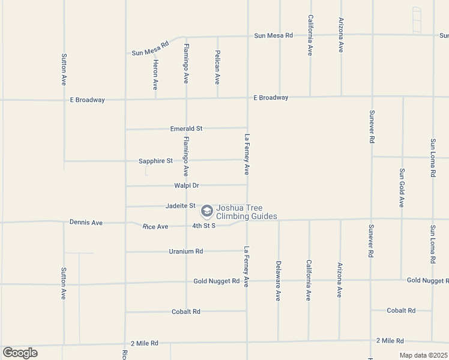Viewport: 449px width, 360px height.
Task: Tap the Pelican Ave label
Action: (217, 67)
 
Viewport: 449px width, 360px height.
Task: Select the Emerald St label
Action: (186, 128)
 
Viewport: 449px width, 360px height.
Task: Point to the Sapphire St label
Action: (155, 161)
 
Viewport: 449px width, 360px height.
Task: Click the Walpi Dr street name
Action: (186, 185)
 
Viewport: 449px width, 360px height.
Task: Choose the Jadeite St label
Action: (181, 206)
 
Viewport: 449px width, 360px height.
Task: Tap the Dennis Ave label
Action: (86, 223)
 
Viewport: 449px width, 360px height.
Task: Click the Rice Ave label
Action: (155, 226)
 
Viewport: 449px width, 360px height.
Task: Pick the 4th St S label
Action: (203, 226)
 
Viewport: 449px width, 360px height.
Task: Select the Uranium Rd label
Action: (186, 251)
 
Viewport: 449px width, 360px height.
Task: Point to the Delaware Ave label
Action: (278, 280)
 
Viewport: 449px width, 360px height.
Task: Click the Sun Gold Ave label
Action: (402, 188)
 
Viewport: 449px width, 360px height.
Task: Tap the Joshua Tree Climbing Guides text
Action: (247, 212)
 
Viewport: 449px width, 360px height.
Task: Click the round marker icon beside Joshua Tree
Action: (206, 211)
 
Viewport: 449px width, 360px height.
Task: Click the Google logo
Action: (20, 353)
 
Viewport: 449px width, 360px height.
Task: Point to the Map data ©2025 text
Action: (423, 355)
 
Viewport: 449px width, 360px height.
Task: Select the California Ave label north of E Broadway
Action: (310, 35)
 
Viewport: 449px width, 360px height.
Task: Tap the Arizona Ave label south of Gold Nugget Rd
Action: (339, 280)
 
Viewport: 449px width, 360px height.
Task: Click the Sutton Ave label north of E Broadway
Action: (64, 70)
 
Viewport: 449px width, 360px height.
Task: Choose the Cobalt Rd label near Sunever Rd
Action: (401, 310)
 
